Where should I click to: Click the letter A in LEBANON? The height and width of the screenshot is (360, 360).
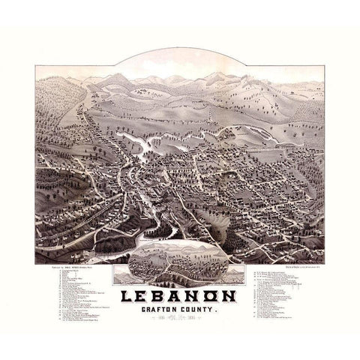(178, 277)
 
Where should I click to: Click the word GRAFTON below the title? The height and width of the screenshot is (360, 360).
(157, 292)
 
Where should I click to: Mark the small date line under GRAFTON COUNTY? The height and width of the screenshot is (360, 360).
(179, 301)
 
